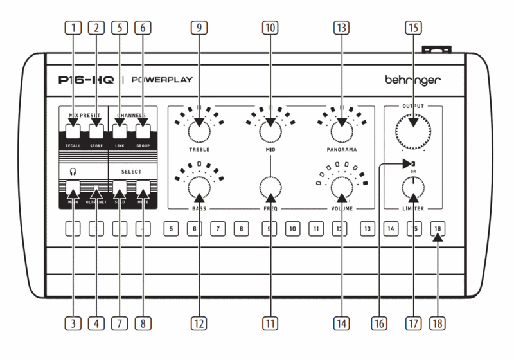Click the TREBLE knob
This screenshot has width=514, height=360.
point(199,131)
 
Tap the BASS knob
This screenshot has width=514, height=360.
point(199,189)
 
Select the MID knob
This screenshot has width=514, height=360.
point(270,131)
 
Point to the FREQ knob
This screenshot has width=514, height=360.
point(270,189)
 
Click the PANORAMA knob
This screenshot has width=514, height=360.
point(342,131)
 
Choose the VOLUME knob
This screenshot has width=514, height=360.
point(342,189)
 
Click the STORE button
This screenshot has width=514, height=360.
point(96,132)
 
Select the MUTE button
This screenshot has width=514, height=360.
point(143,188)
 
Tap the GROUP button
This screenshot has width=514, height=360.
point(143,132)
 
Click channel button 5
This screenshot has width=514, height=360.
point(170,228)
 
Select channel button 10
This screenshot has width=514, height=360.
point(292,228)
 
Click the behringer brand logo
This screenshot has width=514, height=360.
point(413,81)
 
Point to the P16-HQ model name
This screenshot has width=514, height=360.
point(85,81)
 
